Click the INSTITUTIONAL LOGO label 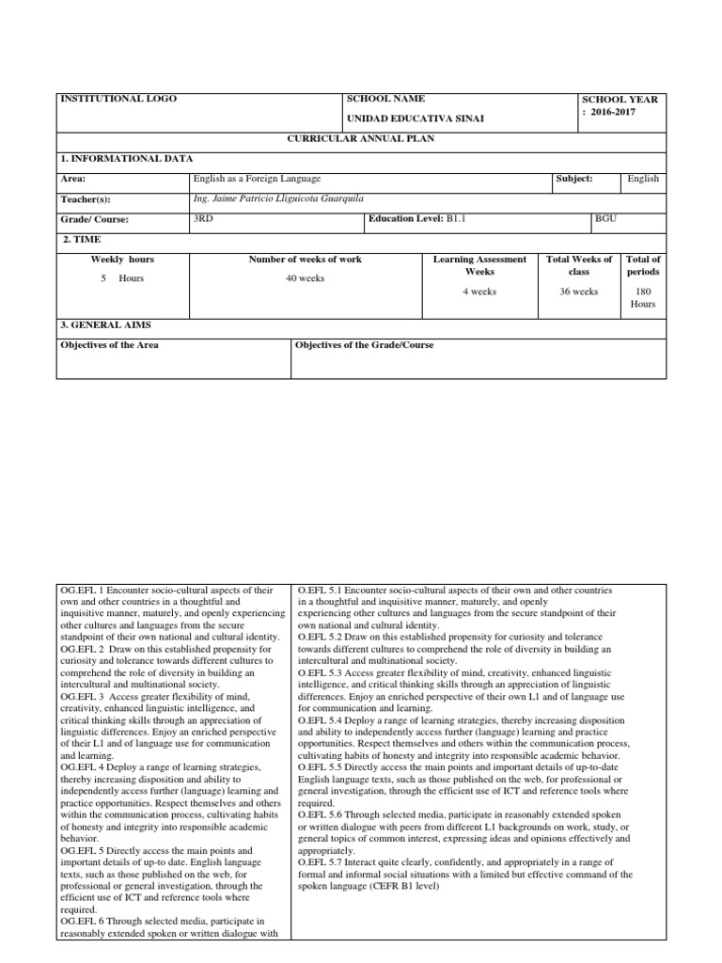click(118, 99)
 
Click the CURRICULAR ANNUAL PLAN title click(362, 138)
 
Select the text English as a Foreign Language click(257, 178)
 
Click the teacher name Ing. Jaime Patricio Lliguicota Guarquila click(277, 198)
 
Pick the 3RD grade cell click(202, 218)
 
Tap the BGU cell click(606, 218)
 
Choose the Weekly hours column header click(122, 259)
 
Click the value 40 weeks click(305, 278)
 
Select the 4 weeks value click(479, 292)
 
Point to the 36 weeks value click(578, 292)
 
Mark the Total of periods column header click(643, 265)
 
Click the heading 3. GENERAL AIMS click(104, 324)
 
